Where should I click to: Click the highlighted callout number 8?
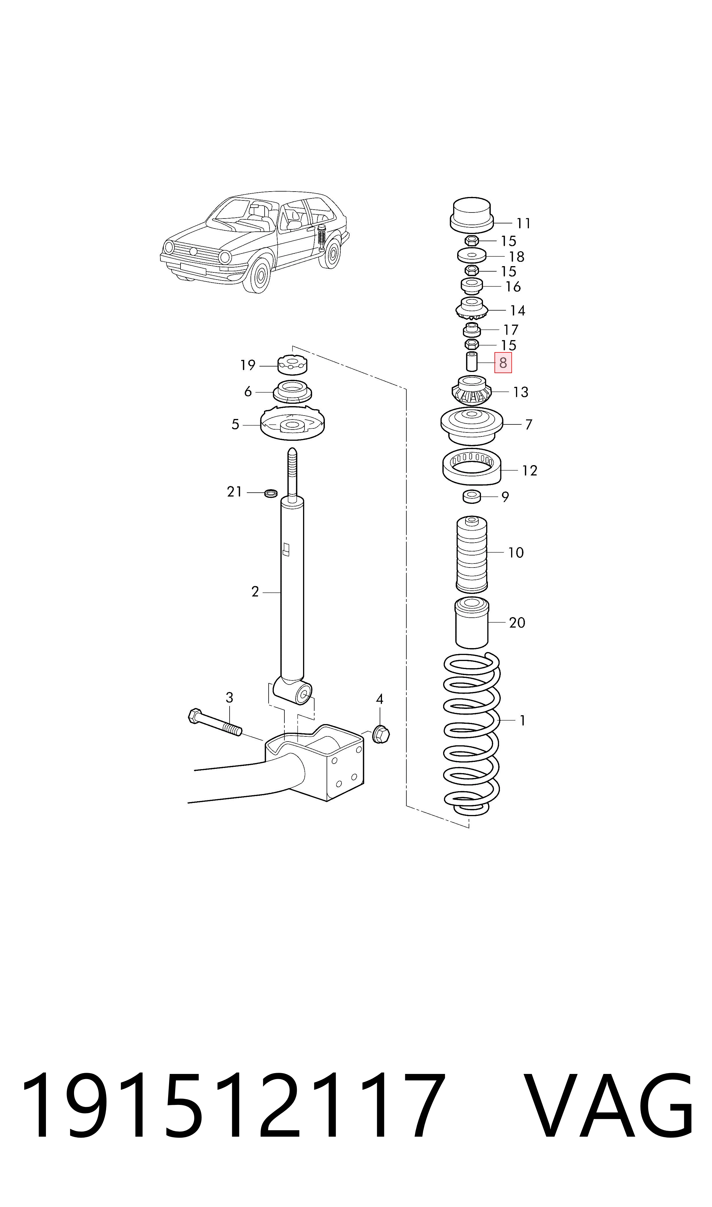(x=503, y=363)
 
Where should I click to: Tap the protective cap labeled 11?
(x=472, y=214)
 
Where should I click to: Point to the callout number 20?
(x=517, y=623)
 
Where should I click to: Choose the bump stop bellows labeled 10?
(x=472, y=554)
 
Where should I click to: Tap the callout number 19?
(x=248, y=365)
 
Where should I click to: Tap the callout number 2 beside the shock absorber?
(x=255, y=592)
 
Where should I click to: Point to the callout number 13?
(x=521, y=392)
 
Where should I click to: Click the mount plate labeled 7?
(x=472, y=426)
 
